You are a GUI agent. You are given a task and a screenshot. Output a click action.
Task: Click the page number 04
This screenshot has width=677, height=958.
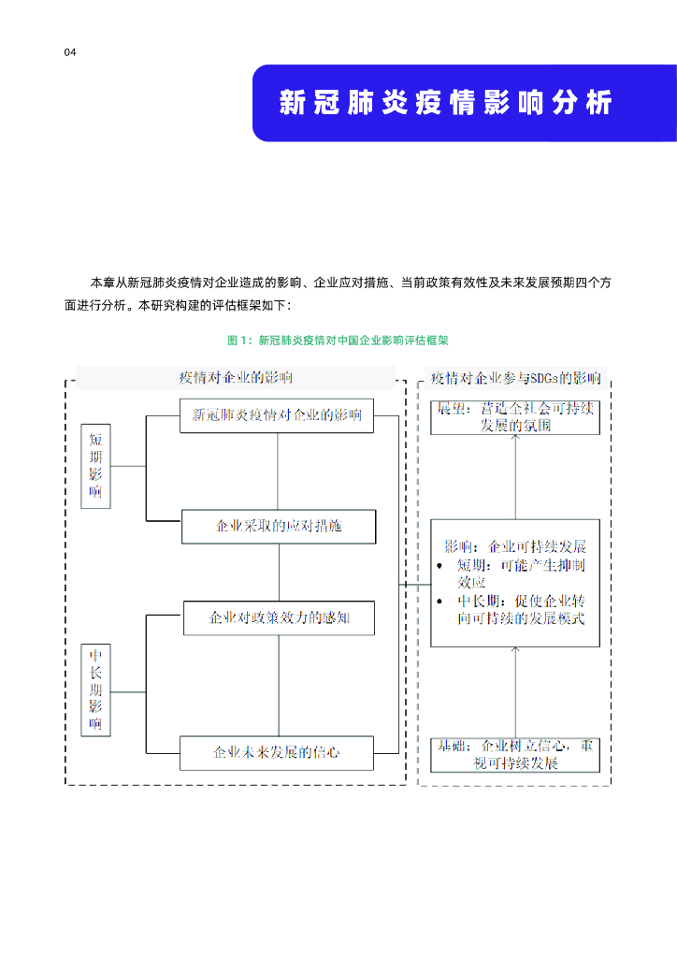69,52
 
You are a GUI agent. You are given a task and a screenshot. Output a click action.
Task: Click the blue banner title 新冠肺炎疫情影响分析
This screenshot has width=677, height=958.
445,103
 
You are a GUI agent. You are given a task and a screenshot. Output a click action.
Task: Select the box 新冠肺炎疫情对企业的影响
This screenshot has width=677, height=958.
277,414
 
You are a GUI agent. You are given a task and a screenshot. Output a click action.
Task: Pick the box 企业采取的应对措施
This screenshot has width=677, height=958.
278,526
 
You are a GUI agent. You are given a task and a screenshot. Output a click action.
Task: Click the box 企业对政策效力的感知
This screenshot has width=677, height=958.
279,618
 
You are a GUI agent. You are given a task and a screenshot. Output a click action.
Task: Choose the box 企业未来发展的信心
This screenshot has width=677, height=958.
277,752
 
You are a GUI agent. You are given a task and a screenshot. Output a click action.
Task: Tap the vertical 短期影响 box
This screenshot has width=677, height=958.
96,465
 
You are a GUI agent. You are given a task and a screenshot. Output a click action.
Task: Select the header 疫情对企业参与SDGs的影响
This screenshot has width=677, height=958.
515,379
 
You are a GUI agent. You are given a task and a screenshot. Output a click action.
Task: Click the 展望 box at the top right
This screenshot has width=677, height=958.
515,416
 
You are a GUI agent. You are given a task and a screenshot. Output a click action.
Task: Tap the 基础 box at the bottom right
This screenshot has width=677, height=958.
515,754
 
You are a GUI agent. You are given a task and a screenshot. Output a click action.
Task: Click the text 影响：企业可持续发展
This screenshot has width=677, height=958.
515,546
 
